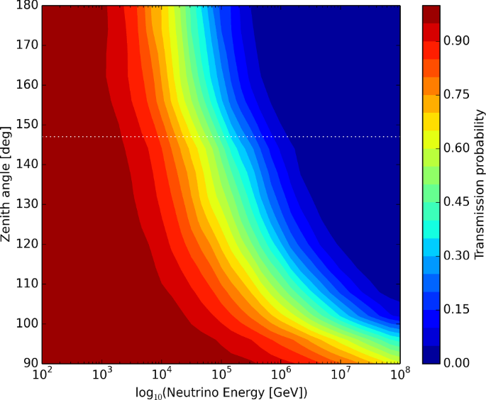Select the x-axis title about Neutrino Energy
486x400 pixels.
(221, 391)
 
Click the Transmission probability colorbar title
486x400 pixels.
(480, 184)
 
